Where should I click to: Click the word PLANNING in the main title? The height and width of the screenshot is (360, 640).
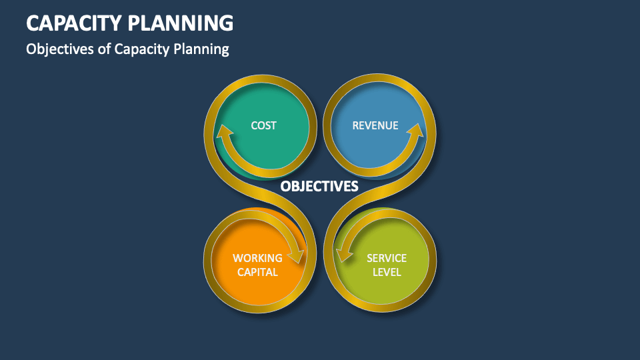tap(181, 23)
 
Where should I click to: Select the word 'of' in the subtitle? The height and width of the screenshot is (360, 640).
tap(104, 49)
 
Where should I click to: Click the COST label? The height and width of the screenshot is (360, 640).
tap(264, 125)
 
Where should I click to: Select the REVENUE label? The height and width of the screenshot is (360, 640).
tap(375, 125)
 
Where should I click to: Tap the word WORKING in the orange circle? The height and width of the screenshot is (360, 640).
tap(257, 258)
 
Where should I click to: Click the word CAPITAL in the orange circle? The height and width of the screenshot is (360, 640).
tap(257, 272)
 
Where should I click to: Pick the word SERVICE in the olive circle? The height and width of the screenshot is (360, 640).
tap(387, 258)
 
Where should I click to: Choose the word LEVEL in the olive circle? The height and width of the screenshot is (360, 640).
tap(387, 272)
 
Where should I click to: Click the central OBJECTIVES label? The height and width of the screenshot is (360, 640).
tap(319, 186)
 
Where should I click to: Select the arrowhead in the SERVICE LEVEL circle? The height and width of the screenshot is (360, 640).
tap(344, 255)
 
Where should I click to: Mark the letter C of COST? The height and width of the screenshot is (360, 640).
tap(254, 125)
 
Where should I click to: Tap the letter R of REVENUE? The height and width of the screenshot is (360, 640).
tap(356, 125)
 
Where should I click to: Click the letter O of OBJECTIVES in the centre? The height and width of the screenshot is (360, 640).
tap(285, 186)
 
